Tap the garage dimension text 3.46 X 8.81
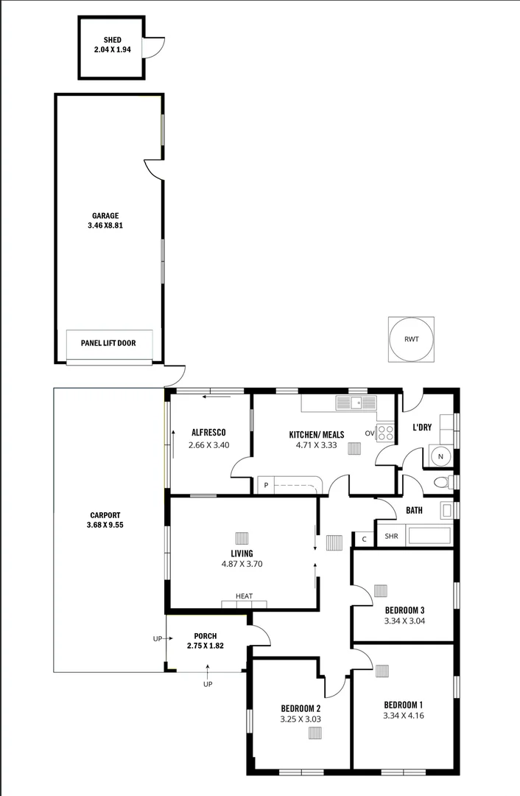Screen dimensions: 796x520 point(105,226)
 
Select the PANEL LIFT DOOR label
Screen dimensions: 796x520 point(108,343)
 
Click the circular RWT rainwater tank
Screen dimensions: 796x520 point(411,340)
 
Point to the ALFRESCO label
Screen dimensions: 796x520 point(208,433)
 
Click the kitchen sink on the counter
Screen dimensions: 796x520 point(356,402)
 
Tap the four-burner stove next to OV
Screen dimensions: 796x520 point(385,433)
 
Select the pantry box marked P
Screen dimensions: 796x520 point(265,486)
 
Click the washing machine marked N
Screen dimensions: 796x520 point(440,457)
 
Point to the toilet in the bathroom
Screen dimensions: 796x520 point(442,483)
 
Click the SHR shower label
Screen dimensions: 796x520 point(391,537)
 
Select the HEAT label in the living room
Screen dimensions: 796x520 point(244,596)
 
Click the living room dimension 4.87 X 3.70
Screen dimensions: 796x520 point(242,565)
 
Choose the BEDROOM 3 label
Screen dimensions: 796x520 point(404,610)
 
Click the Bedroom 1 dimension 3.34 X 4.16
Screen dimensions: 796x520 point(404,715)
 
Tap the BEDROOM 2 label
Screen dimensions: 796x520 point(301,708)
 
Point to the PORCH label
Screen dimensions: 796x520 point(205,636)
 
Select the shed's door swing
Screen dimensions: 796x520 point(153,49)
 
